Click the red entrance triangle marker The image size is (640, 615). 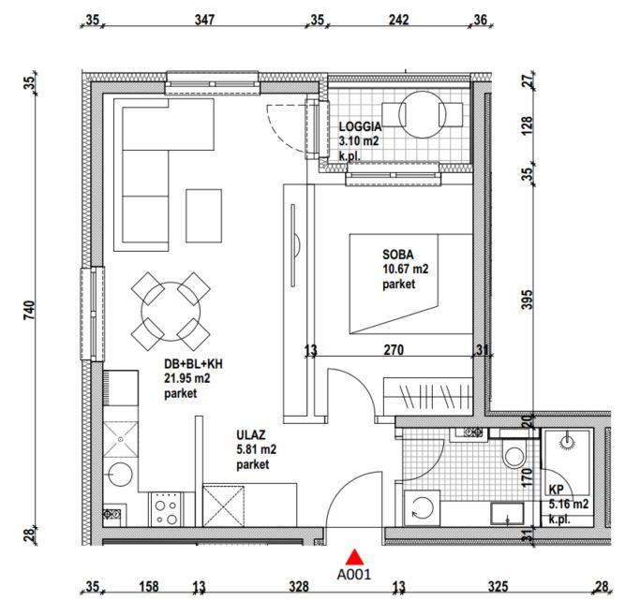click(355, 557)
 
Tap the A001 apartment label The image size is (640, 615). click(354, 575)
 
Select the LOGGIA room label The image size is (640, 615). click(361, 126)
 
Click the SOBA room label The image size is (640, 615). click(398, 255)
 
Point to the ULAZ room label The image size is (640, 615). click(251, 434)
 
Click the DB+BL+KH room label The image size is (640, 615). click(193, 364)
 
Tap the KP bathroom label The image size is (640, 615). click(557, 490)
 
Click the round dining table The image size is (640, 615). click(171, 312)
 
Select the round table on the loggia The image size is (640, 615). click(423, 114)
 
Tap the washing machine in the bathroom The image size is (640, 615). click(422, 508)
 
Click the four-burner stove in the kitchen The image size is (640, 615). click(166, 509)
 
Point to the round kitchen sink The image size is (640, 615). click(120, 475)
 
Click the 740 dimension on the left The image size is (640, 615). click(30, 310)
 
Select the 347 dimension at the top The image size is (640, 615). click(204, 20)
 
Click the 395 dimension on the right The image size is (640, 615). click(528, 299)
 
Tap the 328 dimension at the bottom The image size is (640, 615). click(299, 587)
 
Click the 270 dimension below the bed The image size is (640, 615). click(394, 349)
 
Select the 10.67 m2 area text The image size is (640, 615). click(406, 270)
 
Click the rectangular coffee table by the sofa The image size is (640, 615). click(203, 215)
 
